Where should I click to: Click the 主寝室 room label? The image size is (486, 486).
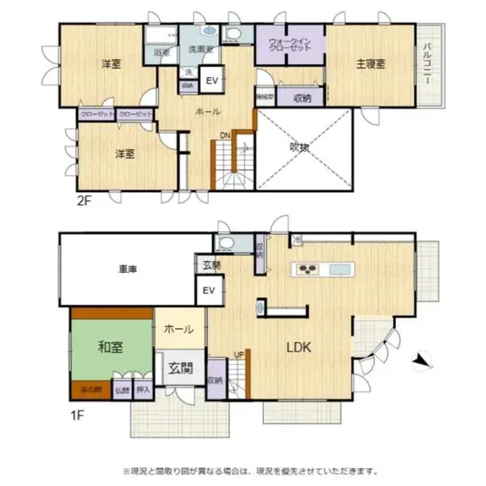tap(369, 63)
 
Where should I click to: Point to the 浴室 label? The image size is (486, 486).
tap(160, 53)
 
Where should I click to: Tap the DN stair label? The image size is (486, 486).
tap(223, 135)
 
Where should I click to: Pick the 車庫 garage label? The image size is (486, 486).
tap(126, 270)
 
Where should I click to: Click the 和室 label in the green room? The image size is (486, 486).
tap(110, 347)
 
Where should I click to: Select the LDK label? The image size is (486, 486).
tap(299, 348)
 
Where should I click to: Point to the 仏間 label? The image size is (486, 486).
tap(122, 390)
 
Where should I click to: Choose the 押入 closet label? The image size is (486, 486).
tap(143, 390)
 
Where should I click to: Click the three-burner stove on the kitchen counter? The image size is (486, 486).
tap(309, 270)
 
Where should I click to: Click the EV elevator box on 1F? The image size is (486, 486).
tap(207, 291)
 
